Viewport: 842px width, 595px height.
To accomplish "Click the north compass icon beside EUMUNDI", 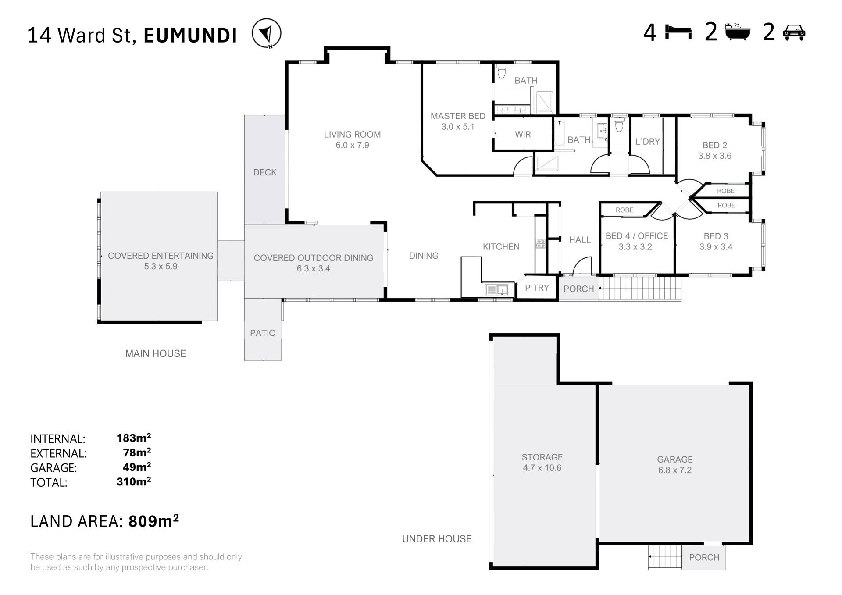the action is point(267,33).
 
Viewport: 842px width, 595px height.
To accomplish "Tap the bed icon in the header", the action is point(678,32).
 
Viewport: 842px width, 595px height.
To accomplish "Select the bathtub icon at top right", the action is point(738,32).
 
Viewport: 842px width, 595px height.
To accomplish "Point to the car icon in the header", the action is point(794,33).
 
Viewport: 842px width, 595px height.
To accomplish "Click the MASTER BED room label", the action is point(458,116).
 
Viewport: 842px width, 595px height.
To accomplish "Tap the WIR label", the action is point(523,135).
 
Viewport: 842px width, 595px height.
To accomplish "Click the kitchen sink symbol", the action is point(497,289).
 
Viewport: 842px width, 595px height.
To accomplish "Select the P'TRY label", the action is point(537,288).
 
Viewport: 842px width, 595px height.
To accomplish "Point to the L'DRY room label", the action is point(648,142).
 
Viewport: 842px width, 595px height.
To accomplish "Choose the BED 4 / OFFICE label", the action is point(637,236).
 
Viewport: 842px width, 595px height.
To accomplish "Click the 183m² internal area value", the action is point(134,438).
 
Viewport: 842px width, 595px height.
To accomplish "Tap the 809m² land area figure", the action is point(153,521).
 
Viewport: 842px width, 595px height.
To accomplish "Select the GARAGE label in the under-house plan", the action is point(674,460).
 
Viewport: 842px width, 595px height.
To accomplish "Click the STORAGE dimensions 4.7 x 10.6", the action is point(542,468).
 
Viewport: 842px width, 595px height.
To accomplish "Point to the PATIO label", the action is point(263,333).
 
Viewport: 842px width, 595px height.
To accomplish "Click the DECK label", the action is point(265,173).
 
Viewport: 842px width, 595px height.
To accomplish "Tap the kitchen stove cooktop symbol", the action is point(541,243).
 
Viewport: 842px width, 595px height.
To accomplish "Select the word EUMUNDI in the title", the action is point(190,36).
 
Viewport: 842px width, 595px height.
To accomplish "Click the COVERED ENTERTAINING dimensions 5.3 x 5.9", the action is point(161,267).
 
